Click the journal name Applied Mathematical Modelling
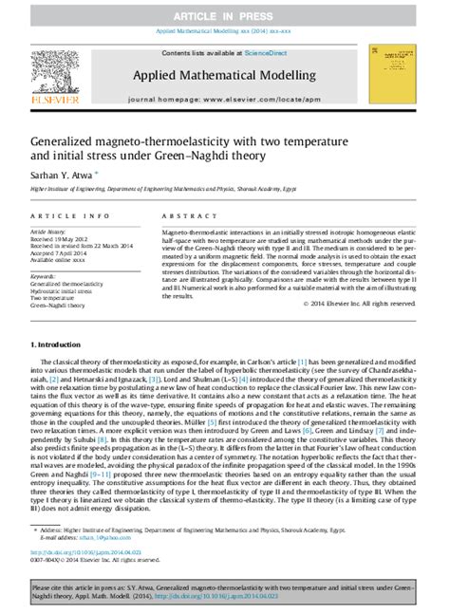click(x=224, y=70)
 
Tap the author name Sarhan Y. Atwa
click(x=60, y=176)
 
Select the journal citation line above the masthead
click(x=224, y=30)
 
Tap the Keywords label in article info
click(x=42, y=274)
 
